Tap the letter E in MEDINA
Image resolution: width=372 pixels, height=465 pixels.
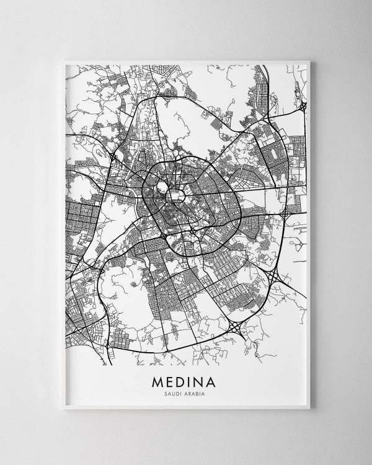(170, 378)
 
